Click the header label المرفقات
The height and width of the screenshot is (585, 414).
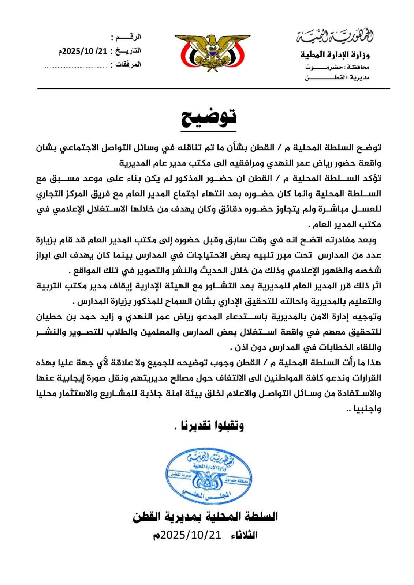coord(128,64)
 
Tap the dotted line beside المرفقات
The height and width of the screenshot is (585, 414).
coord(76,67)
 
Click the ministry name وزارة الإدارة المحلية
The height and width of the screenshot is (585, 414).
coord(335,55)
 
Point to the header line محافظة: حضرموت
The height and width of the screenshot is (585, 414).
coord(337,67)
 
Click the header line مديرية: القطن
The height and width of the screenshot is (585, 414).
coord(337,78)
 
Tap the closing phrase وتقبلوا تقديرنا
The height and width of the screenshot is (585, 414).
coord(208,425)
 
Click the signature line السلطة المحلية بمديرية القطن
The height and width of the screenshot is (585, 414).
coord(205,516)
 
